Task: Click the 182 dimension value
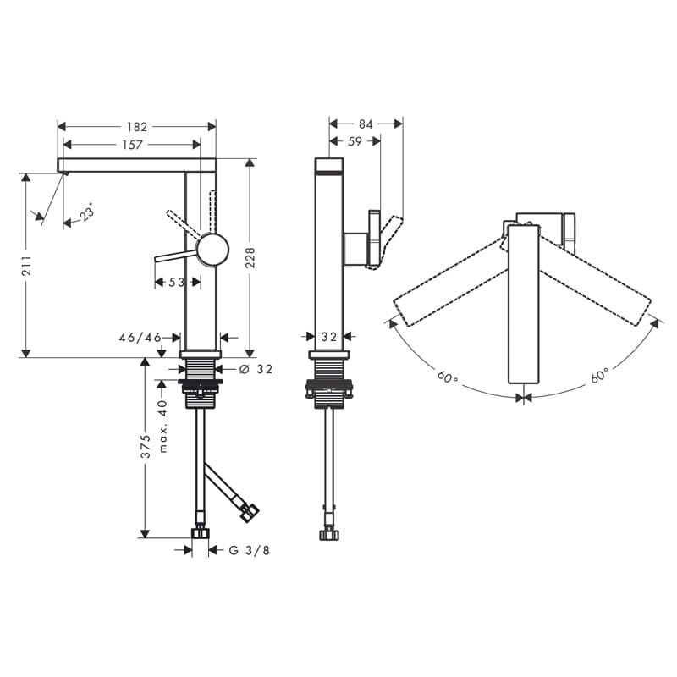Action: pyautogui.click(x=137, y=127)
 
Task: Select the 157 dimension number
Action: pyautogui.click(x=132, y=145)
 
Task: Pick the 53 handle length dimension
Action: pyautogui.click(x=176, y=282)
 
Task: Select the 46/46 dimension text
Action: pyautogui.click(x=140, y=337)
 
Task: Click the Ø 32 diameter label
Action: pyautogui.click(x=255, y=369)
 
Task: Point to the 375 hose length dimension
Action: pyautogui.click(x=146, y=446)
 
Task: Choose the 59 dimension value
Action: pyautogui.click(x=355, y=141)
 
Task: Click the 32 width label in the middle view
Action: pyautogui.click(x=329, y=337)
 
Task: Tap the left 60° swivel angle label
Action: pyautogui.click(x=448, y=375)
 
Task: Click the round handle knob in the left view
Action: pyautogui.click(x=212, y=250)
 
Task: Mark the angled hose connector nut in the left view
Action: pyautogui.click(x=250, y=512)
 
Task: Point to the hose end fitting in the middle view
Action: pyautogui.click(x=329, y=533)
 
